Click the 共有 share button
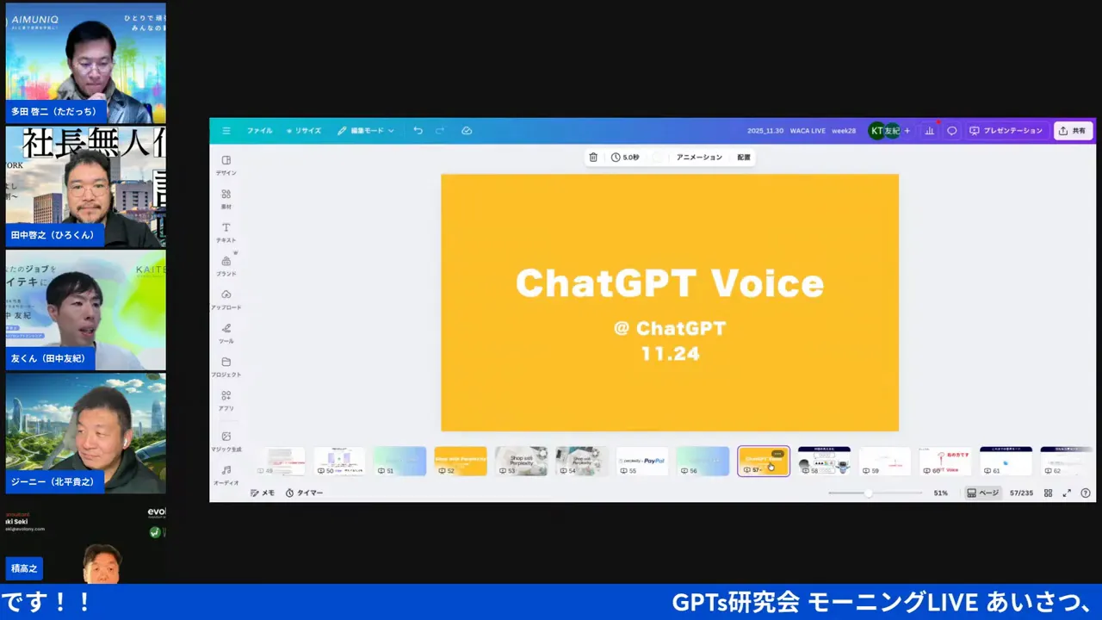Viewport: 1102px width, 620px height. (1073, 131)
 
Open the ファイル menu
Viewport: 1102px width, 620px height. (259, 131)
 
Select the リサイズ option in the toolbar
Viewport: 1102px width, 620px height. (304, 131)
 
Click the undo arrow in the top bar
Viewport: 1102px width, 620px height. (418, 131)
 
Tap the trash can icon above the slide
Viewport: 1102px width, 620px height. (593, 158)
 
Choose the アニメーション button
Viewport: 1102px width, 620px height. (699, 158)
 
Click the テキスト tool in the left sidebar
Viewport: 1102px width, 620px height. (226, 232)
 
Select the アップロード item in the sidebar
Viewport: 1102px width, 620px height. (226, 299)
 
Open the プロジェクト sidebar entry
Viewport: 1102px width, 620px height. (226, 366)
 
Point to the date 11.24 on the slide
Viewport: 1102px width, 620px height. (670, 353)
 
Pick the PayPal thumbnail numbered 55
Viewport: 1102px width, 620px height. (642, 461)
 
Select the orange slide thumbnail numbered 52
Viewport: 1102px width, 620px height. (460, 461)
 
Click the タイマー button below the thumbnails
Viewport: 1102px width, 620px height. (305, 493)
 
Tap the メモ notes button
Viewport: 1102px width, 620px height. (263, 493)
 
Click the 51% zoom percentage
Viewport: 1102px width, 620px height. (941, 493)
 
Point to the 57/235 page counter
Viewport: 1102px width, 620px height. (1021, 493)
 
